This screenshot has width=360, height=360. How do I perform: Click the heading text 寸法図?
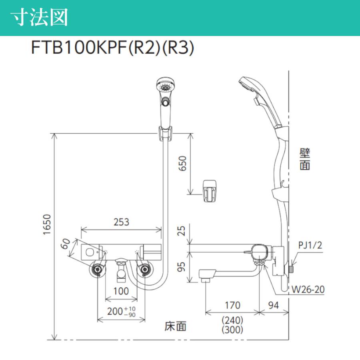39,18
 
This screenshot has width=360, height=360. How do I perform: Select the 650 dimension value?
182,164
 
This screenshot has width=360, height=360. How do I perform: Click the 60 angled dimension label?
66,244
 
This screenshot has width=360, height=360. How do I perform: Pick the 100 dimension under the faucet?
120,291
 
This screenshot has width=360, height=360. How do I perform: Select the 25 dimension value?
182,231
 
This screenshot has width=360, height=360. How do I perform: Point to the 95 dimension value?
182,267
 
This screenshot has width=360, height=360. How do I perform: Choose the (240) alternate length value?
232,320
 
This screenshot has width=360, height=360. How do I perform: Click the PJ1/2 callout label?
310,245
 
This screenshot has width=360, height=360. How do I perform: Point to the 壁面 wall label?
305,159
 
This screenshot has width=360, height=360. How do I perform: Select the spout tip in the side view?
205,276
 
